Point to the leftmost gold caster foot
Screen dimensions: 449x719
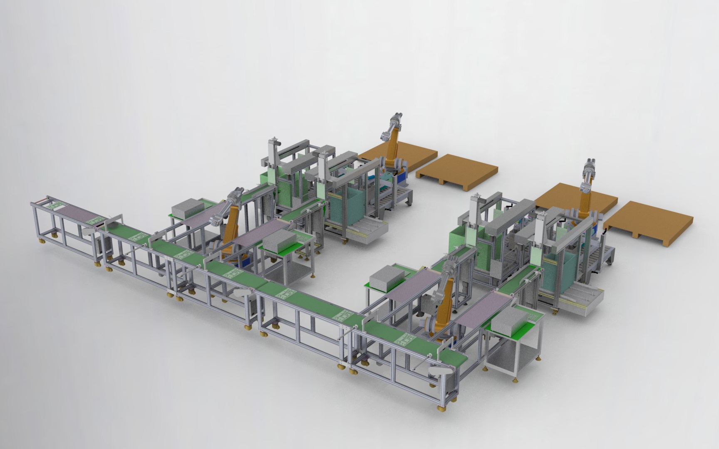pos(42,240)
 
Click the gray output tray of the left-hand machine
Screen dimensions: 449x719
pos(366,231)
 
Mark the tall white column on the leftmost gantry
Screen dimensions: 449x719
pos(273,154)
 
